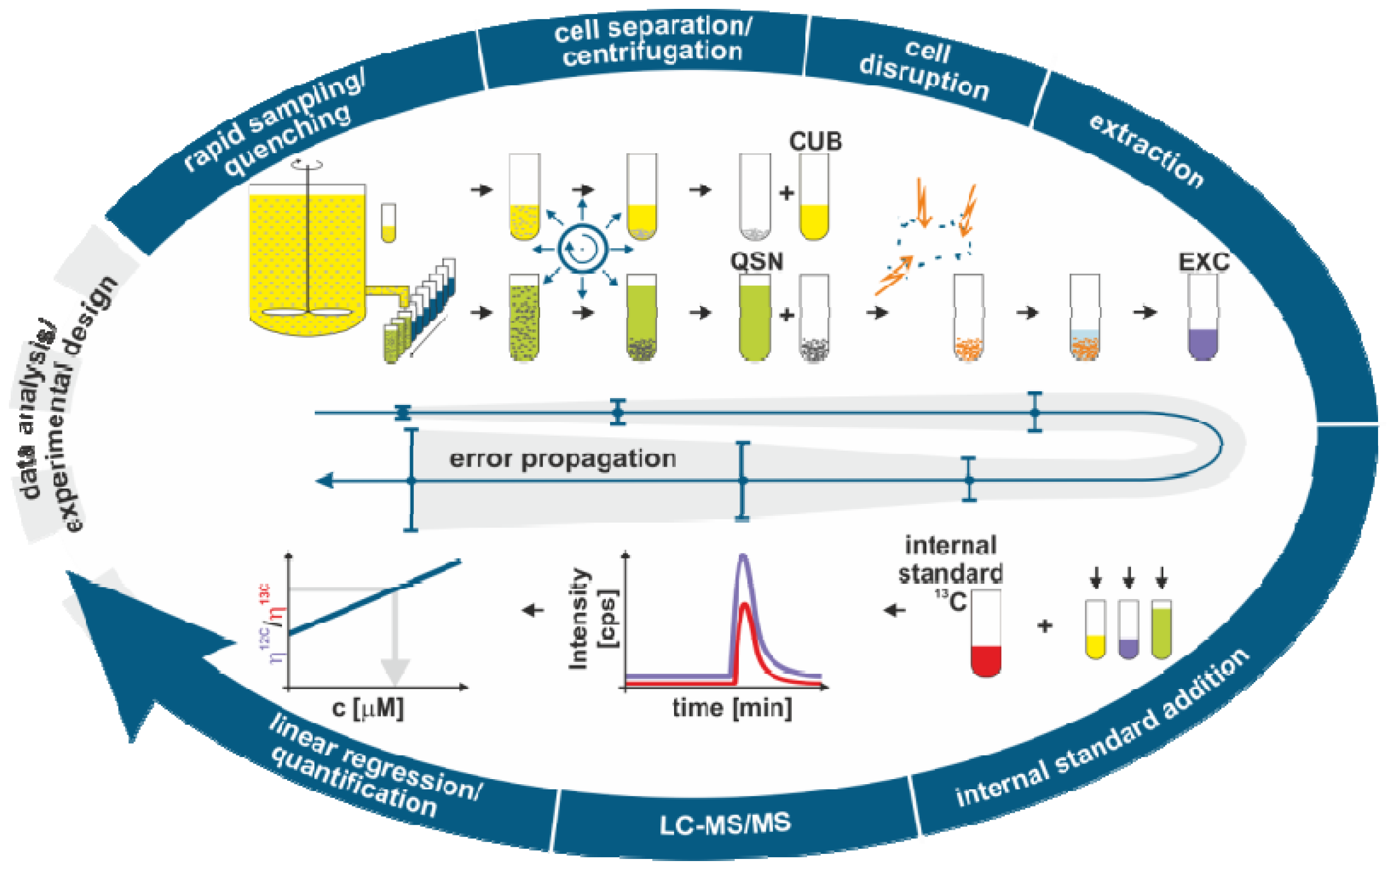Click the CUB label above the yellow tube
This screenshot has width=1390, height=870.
814,142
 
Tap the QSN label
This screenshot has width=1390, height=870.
756,262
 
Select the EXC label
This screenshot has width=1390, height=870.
1204,262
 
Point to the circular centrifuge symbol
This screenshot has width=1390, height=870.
582,249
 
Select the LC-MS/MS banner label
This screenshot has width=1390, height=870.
725,824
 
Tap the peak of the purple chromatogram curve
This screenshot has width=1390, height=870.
743,556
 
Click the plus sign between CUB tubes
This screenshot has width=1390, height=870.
786,193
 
